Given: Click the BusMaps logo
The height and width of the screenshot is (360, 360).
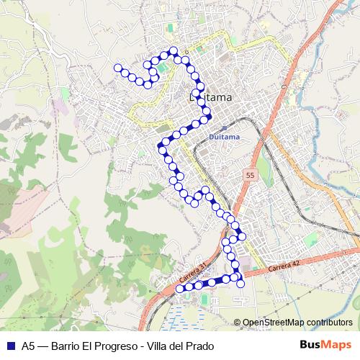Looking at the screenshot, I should point(326,345).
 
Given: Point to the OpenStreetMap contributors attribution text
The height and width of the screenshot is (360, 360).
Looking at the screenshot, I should point(297,323).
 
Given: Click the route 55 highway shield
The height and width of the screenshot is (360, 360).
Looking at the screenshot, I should point(250,175).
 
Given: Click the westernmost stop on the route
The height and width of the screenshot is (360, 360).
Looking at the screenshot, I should point(117,68).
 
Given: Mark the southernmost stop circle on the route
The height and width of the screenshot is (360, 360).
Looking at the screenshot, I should point(179,289).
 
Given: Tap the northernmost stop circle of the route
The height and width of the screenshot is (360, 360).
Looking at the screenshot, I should point(173,50).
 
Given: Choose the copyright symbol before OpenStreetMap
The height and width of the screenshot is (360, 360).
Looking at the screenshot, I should point(238,323).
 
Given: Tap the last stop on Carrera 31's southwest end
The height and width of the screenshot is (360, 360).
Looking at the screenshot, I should point(179,289).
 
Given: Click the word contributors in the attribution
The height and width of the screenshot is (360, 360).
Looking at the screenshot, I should point(329,323).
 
